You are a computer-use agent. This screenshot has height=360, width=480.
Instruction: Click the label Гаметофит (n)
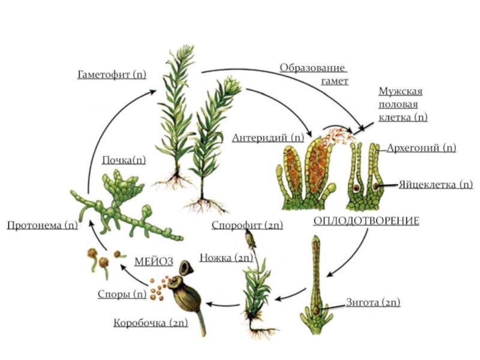click(112, 74)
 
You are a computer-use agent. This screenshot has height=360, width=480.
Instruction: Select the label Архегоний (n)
click(421, 148)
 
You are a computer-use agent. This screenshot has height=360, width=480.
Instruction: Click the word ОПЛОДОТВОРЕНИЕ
click(366, 221)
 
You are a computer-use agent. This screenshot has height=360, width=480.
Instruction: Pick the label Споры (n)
click(122, 294)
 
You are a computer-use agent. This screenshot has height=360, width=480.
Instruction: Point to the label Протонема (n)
click(43, 225)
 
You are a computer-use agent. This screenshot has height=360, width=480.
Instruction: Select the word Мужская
click(400, 91)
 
